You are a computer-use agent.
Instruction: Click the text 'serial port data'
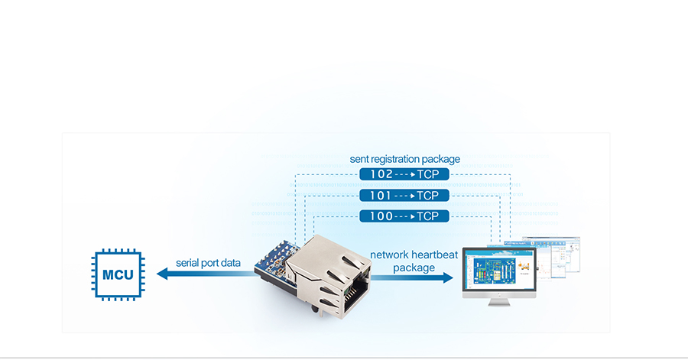(208, 263)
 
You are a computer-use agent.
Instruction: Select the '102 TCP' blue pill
(404, 174)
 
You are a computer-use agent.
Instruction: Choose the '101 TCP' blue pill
(404, 196)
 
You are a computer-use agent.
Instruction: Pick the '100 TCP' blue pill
(404, 216)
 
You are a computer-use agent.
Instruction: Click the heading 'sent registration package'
(404, 159)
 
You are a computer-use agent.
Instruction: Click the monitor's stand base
(499, 302)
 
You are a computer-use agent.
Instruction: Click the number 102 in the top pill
(381, 174)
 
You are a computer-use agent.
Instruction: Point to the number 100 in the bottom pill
(381, 216)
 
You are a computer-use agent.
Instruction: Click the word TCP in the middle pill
(428, 196)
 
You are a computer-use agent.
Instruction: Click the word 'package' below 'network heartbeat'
(414, 268)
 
